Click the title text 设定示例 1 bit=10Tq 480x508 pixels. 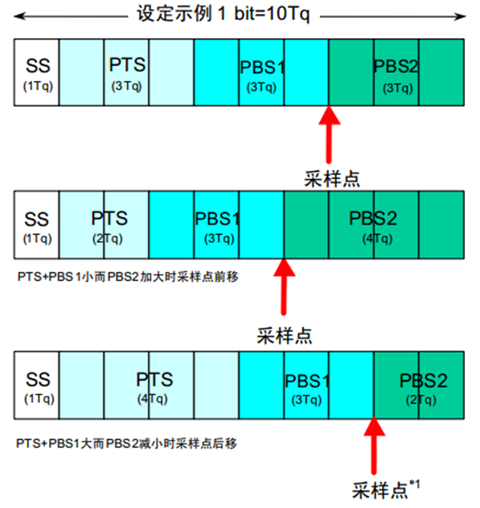click(x=223, y=14)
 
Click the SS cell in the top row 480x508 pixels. click(x=37, y=72)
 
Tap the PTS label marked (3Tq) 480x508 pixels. click(x=127, y=65)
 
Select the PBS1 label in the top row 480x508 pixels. click(x=262, y=67)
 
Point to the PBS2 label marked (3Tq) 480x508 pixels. click(x=396, y=67)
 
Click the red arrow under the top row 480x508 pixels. click(x=329, y=137)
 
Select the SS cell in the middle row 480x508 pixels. click(x=37, y=225)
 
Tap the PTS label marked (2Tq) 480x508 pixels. click(x=109, y=219)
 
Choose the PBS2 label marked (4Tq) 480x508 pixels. click(x=373, y=219)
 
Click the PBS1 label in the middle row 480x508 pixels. click(x=217, y=219)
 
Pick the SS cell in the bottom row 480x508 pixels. click(x=37, y=387)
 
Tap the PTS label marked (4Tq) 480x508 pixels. click(x=154, y=380)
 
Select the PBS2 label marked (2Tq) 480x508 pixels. click(x=423, y=381)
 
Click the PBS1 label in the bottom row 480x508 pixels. click(x=307, y=381)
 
